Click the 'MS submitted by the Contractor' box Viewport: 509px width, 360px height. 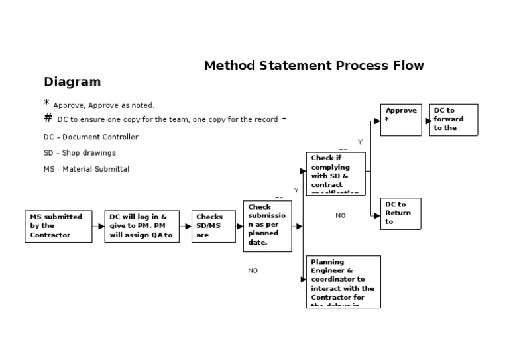(58, 226)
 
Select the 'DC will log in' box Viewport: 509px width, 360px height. (142, 226)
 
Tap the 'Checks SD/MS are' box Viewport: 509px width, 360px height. (213, 226)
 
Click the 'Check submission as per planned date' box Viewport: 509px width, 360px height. (267, 226)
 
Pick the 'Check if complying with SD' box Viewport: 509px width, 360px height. (335, 174)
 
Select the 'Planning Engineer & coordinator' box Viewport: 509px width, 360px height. (345, 280)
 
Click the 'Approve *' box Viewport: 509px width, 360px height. (401, 120)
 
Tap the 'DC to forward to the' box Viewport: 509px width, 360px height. (453, 120)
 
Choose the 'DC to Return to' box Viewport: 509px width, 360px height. (400, 213)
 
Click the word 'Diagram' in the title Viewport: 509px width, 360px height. (72, 82)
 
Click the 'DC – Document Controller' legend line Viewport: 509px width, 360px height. (91, 137)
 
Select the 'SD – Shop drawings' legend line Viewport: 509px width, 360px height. (80, 153)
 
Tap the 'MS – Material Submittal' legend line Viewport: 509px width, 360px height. (86, 169)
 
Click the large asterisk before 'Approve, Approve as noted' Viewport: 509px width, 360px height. (46, 103)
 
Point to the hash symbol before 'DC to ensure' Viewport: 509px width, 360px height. (48, 118)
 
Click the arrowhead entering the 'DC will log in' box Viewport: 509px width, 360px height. (101, 226)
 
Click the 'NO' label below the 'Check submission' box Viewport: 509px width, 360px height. (253, 270)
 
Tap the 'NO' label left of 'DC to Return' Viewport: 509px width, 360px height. (341, 215)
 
